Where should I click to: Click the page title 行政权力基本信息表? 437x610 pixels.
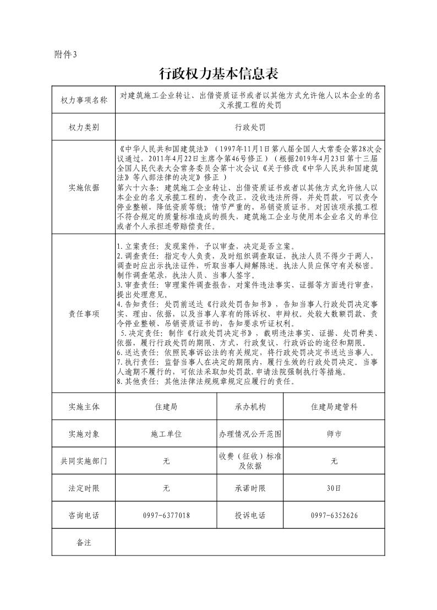tap(219, 73)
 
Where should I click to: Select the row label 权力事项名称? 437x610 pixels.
tap(84, 100)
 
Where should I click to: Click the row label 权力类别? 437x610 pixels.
tap(84, 127)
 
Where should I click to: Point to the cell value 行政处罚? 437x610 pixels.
tap(250, 127)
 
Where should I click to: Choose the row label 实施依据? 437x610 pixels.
tap(84, 187)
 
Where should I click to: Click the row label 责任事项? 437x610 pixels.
tap(84, 313)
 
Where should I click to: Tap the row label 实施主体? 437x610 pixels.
tap(84, 407)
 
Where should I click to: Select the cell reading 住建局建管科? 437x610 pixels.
tap(334, 407)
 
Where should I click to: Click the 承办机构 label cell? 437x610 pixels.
tap(250, 407)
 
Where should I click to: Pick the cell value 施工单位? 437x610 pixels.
tap(166, 434)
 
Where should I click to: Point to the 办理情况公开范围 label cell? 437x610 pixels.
tap(250, 434)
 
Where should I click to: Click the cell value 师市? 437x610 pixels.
tap(334, 434)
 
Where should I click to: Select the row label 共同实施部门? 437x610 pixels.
tap(84, 461)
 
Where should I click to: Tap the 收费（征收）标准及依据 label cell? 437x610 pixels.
tap(250, 461)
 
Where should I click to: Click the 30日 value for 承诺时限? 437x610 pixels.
tap(334, 488)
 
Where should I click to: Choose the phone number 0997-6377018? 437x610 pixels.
tap(166, 515)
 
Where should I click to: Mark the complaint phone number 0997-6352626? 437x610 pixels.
tap(334, 515)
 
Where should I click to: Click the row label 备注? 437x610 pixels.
tap(84, 542)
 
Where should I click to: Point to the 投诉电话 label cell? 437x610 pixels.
tap(250, 515)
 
